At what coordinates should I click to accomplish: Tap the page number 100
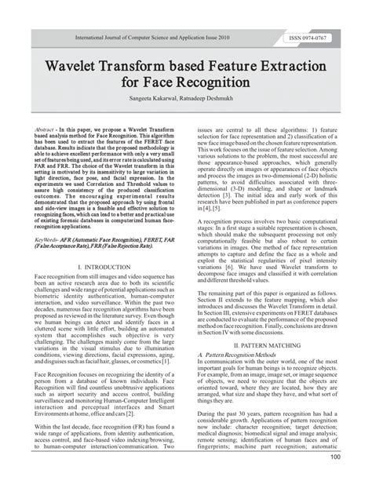point(356,457)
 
